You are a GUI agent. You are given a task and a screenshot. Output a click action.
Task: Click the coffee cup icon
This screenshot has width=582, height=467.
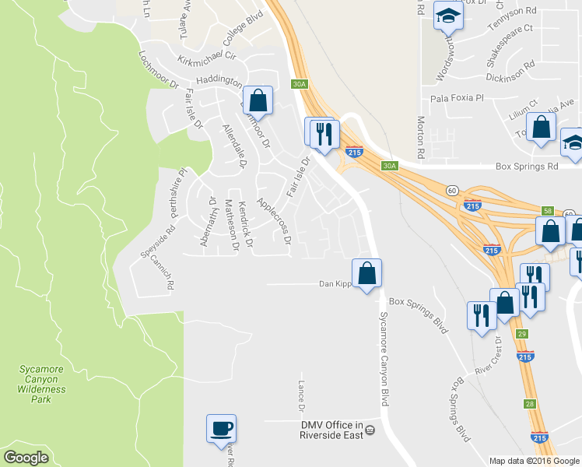coord(222,428)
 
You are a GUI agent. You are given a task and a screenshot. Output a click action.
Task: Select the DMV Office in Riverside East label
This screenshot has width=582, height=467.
coord(332,430)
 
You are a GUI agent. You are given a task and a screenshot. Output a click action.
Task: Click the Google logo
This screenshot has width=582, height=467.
coord(26,458)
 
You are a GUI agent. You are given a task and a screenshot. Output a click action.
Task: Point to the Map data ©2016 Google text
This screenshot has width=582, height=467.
coord(534,460)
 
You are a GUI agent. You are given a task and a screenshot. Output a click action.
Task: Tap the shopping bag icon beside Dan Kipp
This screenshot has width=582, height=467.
coord(367,273)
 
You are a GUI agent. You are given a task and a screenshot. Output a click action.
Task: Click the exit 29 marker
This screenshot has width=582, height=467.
coord(522,333)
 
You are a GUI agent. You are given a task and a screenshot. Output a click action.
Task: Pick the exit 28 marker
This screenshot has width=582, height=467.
coord(529,403)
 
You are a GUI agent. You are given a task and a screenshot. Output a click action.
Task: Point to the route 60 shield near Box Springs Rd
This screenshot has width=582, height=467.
coord(451,190)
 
